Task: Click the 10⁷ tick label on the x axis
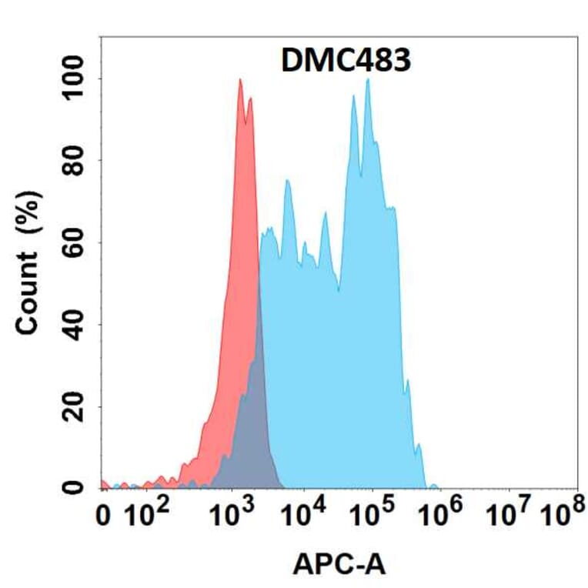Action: pyautogui.click(x=512, y=514)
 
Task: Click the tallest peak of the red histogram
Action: pyautogui.click(x=240, y=80)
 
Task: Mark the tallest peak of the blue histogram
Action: pyautogui.click(x=369, y=80)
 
